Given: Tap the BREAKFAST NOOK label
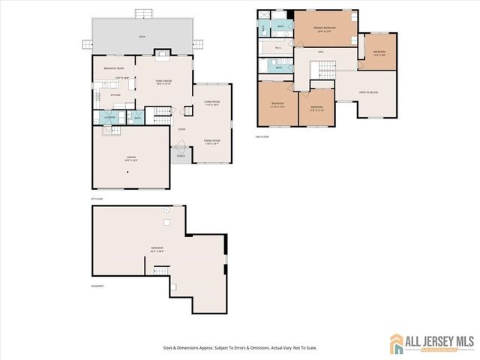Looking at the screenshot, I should point(114,68).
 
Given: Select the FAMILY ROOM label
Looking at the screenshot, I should point(164,82).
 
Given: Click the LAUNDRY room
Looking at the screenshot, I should point(109,117).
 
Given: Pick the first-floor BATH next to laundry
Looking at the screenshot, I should point(138,117).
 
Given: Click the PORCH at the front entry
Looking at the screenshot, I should point(179,155).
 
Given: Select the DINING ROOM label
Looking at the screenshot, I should point(211,142).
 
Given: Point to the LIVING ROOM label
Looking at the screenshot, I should point(211,103).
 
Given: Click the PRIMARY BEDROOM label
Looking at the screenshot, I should point(323,29).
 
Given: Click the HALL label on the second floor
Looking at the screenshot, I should point(320,52).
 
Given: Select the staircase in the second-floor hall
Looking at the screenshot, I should point(324,71).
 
